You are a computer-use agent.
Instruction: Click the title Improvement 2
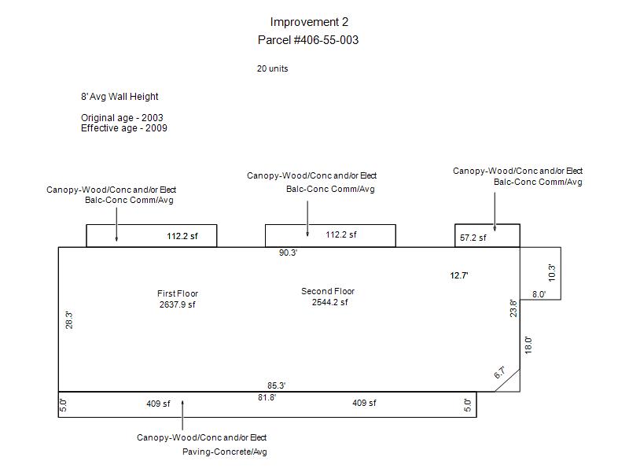click(308, 22)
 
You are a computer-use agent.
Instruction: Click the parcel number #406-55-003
click(308, 39)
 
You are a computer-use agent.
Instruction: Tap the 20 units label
click(272, 68)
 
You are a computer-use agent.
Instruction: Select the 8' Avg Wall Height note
click(120, 97)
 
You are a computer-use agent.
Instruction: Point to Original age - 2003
click(122, 118)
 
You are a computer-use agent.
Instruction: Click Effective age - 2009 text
click(123, 128)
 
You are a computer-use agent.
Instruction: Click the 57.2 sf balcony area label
click(473, 238)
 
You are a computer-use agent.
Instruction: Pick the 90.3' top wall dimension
click(289, 253)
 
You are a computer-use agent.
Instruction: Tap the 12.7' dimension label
click(460, 276)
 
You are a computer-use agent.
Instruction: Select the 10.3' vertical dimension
click(552, 273)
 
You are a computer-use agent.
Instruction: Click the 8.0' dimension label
click(539, 294)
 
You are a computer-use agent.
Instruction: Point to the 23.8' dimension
click(513, 308)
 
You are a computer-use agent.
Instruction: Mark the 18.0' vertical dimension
click(528, 345)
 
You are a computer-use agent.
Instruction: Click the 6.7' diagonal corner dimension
click(499, 372)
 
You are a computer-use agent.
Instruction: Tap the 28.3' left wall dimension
click(69, 319)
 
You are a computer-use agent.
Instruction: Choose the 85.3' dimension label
click(276, 385)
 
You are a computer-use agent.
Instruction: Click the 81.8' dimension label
click(267, 397)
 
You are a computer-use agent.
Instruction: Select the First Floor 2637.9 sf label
click(177, 299)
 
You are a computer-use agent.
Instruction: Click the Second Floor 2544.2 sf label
click(329, 297)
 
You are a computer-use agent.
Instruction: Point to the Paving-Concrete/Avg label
click(225, 452)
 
